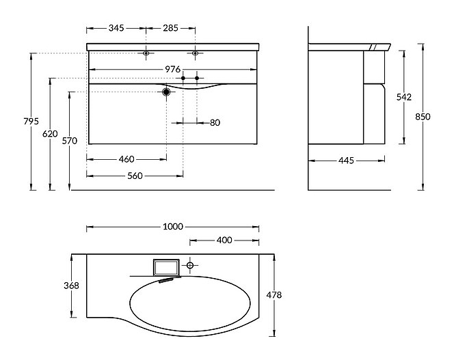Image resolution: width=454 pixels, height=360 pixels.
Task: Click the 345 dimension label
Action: [116, 29]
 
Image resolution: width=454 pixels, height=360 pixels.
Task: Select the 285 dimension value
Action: [170, 29]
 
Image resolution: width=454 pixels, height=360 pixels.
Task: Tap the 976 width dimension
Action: [172, 70]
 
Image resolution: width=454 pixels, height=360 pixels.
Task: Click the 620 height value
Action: [49, 134]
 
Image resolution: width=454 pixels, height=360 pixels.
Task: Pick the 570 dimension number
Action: [69, 141]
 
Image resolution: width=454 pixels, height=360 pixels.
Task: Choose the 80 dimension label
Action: [215, 123]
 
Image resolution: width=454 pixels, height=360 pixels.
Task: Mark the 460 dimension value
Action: [126, 159]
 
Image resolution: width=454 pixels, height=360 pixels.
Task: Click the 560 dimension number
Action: [135, 176]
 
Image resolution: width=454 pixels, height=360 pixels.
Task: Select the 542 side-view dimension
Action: [404, 97]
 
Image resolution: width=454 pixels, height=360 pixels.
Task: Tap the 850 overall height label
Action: [423, 117]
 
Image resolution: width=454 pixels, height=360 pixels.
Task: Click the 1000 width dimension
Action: [173, 227]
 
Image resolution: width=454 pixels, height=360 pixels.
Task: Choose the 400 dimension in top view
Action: [224, 240]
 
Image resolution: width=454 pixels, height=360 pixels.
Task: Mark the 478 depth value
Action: [275, 295]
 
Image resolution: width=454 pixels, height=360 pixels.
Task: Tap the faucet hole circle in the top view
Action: [191, 264]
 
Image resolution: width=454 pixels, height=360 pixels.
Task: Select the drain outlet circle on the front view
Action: [166, 92]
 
